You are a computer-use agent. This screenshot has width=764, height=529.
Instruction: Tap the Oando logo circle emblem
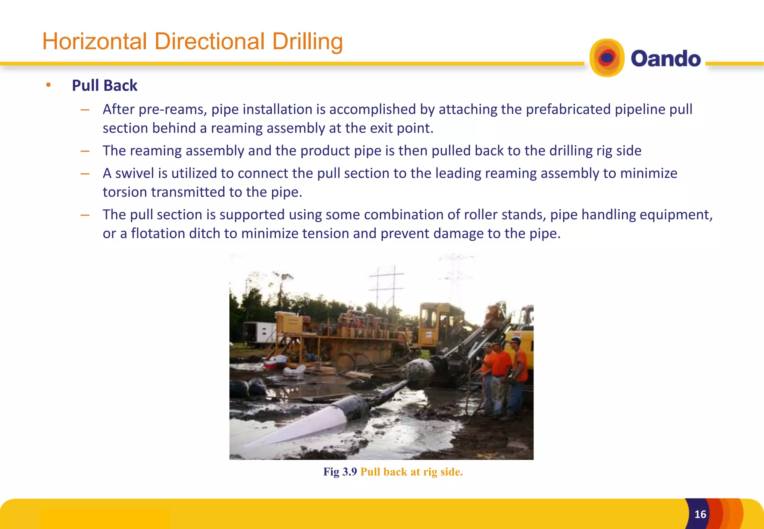click(x=607, y=58)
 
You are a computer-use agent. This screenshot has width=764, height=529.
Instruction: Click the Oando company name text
click(x=666, y=59)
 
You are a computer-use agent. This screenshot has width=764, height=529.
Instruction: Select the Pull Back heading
click(x=104, y=85)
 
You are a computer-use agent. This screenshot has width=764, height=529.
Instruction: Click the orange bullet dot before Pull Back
click(x=48, y=85)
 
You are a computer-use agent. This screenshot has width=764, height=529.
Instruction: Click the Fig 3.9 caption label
click(x=340, y=472)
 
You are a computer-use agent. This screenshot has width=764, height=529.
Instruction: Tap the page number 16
click(x=700, y=514)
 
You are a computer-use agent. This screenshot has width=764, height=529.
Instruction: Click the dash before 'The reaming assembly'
click(x=85, y=151)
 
